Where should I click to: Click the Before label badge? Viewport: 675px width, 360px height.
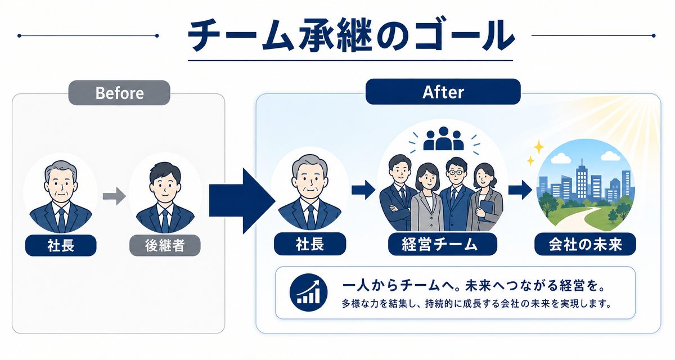pos(119,93)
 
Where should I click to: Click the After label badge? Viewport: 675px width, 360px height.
pos(443,92)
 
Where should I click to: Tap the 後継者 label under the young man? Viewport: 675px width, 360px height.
pos(165,245)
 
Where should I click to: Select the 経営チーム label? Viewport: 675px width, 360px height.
pos(442,244)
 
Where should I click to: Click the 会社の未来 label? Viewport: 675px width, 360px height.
pos(585,244)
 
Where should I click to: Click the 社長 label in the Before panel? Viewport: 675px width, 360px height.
pos(61,245)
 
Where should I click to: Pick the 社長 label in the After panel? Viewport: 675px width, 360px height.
pos(310,244)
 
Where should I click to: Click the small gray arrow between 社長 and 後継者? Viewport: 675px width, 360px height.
pos(114,196)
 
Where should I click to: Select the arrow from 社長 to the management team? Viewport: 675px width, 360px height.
pos(363,190)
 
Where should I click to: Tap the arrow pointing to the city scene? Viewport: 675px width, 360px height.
pos(520,190)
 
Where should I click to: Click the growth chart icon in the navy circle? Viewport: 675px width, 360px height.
pos(308,292)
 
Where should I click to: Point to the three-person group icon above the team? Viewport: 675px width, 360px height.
pos(443,139)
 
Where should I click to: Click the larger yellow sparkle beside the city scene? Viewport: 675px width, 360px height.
pos(539,147)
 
